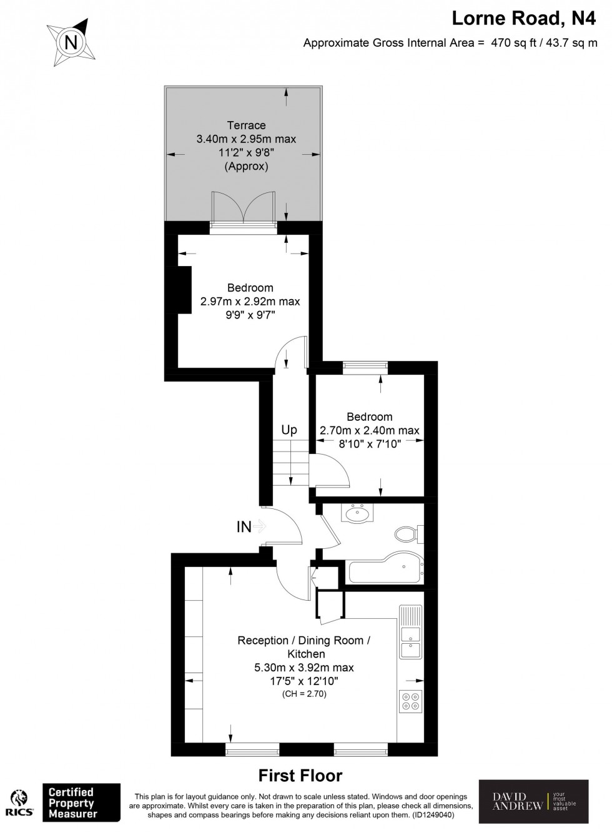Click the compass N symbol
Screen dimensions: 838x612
(72, 43)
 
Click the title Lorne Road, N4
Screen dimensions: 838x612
(524, 19)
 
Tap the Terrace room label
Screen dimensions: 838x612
(246, 125)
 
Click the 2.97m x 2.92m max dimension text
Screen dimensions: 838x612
(250, 302)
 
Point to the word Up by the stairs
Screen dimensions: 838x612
(289, 430)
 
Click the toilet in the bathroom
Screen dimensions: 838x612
(408, 535)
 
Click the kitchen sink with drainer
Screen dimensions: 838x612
(410, 632)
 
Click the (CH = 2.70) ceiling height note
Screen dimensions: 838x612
(304, 694)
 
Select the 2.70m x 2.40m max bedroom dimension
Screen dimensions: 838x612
(370, 430)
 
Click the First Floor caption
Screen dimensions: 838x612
(300, 776)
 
